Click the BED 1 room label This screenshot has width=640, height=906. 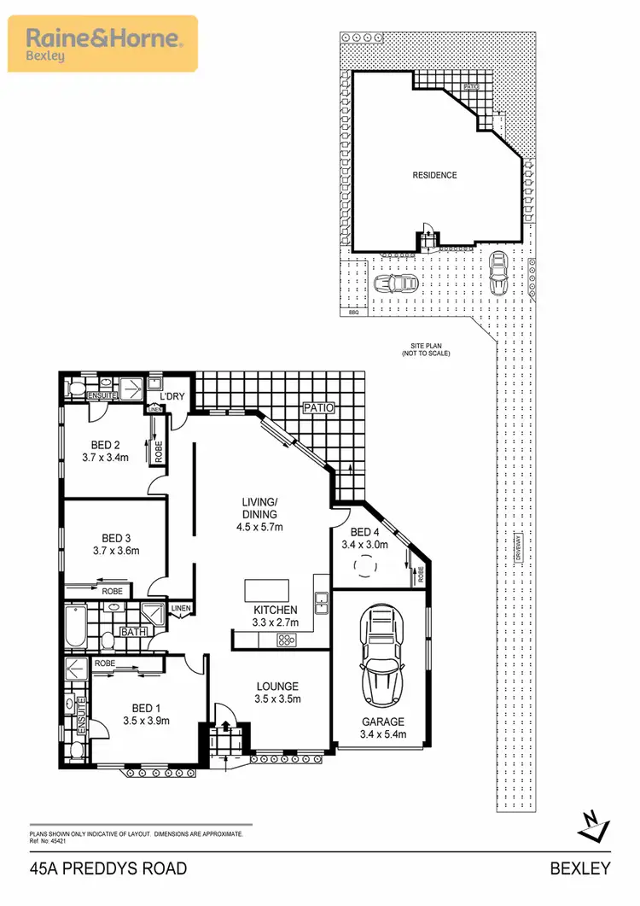click(x=146, y=708)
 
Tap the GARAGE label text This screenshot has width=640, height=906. click(x=382, y=721)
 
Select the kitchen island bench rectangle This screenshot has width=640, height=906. click(x=266, y=591)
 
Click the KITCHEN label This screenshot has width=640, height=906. click(x=275, y=611)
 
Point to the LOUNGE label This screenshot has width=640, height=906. click(x=277, y=686)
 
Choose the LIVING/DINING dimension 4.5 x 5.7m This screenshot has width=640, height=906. click(x=260, y=527)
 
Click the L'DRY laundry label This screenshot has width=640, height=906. click(x=173, y=395)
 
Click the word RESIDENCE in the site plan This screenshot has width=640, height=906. click(x=435, y=175)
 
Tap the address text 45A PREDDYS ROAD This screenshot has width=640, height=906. click(x=108, y=869)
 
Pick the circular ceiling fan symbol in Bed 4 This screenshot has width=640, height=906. click(x=368, y=566)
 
